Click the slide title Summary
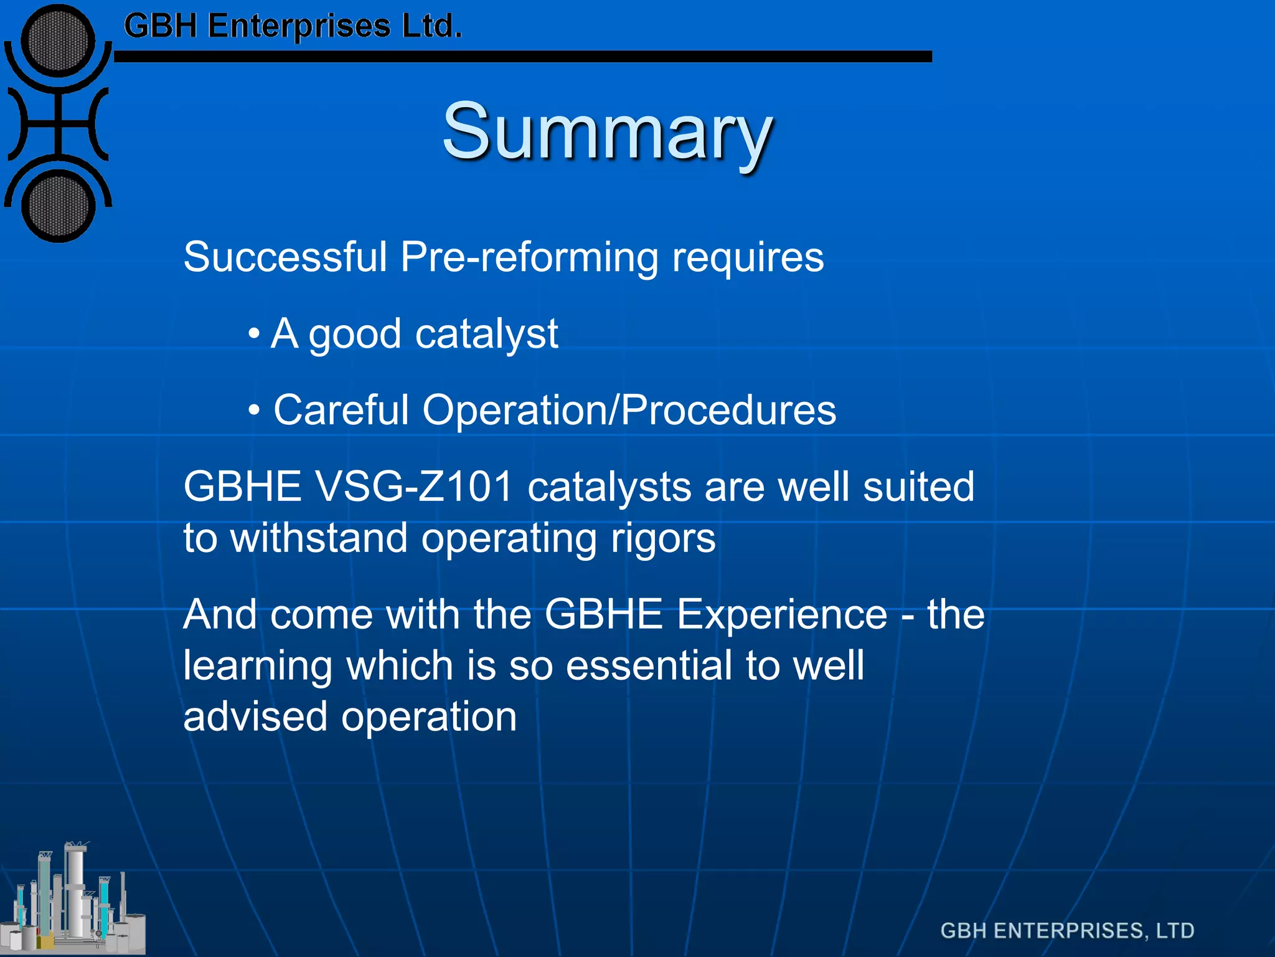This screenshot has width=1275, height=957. (607, 132)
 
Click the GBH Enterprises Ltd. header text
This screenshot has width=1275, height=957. (293, 26)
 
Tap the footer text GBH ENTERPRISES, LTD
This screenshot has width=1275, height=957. (1067, 931)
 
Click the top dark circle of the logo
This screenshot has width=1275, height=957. (58, 41)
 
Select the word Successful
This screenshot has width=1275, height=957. (285, 257)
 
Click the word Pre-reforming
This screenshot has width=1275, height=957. (529, 257)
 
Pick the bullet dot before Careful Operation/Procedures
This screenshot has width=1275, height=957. (253, 411)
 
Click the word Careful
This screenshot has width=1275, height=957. (341, 411)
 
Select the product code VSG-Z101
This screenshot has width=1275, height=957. (415, 487)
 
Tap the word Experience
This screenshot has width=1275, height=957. (782, 614)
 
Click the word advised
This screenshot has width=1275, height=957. (255, 717)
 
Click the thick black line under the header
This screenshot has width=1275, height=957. (523, 57)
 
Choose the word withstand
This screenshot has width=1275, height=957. (319, 538)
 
